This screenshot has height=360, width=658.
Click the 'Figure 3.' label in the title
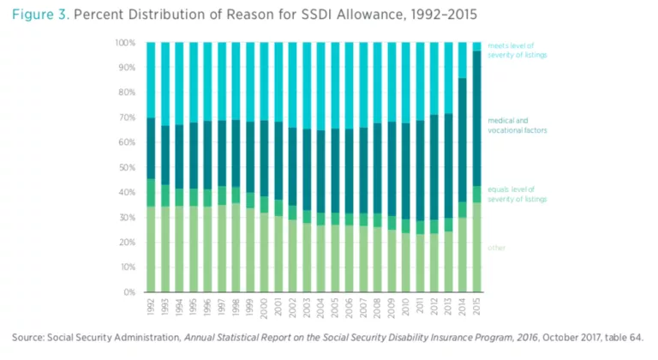point(41,15)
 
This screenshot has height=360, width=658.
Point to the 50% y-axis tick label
point(126,167)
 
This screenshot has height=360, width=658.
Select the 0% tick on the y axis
point(129,292)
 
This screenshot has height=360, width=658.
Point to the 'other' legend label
point(497,248)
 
